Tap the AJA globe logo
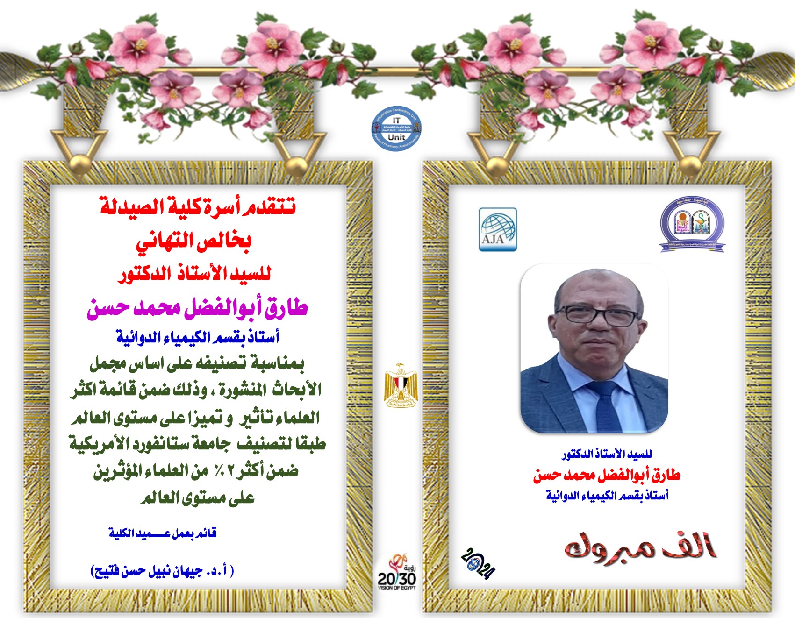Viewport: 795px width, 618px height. (498, 229)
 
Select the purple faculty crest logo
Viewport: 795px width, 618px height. (692, 225)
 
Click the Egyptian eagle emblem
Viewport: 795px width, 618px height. (400, 385)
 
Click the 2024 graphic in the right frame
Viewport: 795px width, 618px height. (478, 563)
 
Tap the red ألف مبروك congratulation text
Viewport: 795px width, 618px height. (640, 548)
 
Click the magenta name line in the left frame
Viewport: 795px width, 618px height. (197, 308)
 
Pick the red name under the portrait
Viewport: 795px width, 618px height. (607, 476)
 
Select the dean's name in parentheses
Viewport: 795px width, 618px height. (162, 571)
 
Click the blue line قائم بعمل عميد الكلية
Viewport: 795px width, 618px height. (163, 533)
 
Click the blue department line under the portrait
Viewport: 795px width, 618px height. (607, 496)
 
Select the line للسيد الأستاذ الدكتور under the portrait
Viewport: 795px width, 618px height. (607, 454)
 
